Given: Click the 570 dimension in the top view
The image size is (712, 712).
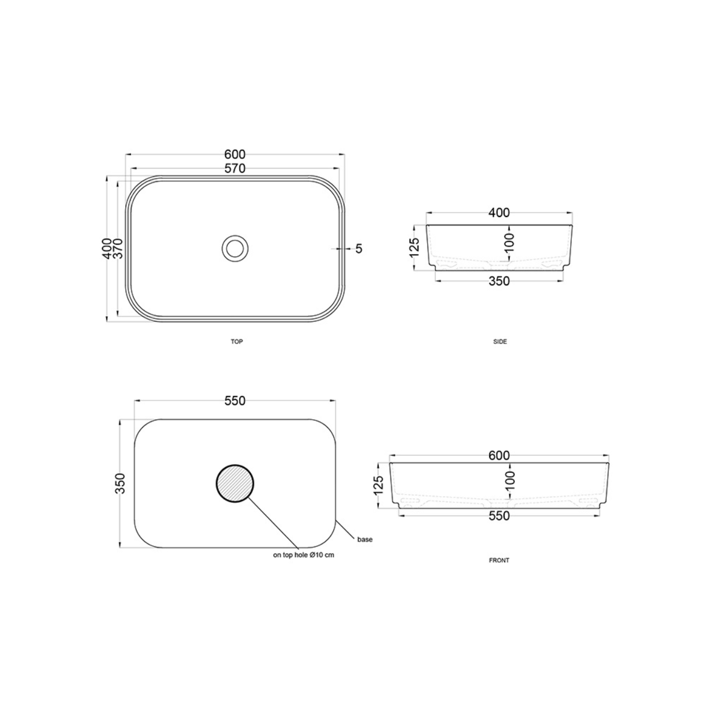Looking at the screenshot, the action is coord(235,169).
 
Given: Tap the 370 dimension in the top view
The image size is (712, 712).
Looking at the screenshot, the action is coord(118,248).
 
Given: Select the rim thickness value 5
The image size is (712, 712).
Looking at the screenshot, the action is coord(359,249).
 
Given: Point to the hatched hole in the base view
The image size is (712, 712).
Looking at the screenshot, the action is coord(235,483).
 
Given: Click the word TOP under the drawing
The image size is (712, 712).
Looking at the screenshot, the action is coord(237,342).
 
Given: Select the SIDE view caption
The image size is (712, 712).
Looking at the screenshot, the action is coord(500,342).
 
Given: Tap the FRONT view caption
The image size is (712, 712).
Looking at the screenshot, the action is coord(499,560).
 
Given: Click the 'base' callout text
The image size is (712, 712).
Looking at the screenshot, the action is coord(365,539).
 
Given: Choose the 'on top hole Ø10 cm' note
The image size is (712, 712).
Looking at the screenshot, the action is coord(304,555).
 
